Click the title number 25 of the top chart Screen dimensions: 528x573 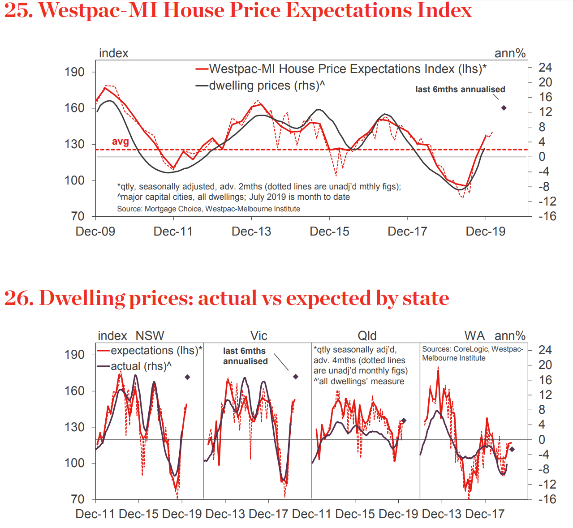[18, 10]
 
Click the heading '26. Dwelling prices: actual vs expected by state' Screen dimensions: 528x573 [226, 298]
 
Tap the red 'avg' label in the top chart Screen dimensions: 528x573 [120, 142]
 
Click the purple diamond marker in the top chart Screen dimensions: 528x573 [504, 108]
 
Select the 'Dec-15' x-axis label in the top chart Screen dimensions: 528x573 [329, 232]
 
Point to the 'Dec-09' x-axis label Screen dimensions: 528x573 [95, 232]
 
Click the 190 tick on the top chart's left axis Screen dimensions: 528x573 [74, 72]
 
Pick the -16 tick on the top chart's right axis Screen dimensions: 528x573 [547, 216]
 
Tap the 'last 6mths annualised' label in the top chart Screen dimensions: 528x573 [460, 90]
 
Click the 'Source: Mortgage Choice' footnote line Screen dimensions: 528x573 [208, 209]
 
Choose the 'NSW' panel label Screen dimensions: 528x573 [150, 336]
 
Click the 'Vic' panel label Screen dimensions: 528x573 [258, 336]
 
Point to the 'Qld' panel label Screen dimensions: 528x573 [367, 336]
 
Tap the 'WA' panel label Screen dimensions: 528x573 [474, 336]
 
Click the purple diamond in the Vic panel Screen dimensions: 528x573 [296, 377]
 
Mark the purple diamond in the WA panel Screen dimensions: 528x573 [512, 449]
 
